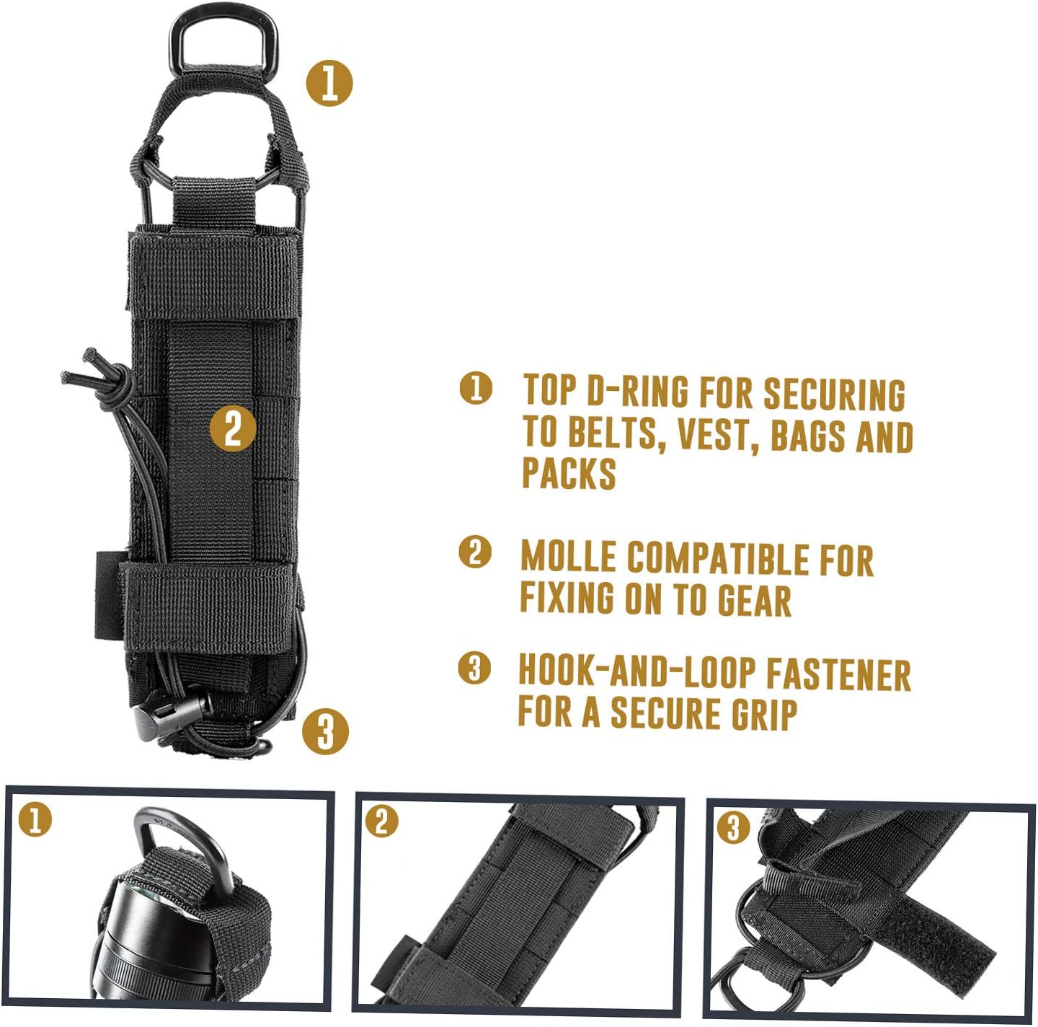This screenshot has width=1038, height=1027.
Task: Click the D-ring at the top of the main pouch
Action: coord(223,22)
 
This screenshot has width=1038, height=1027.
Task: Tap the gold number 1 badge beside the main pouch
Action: coord(329,83)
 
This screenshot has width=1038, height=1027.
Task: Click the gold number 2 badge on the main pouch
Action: coord(233,428)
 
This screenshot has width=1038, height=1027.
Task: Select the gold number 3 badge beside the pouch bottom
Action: coord(325,731)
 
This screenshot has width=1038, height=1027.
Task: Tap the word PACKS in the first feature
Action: coord(569,473)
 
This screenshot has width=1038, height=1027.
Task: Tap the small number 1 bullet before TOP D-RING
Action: coord(476,388)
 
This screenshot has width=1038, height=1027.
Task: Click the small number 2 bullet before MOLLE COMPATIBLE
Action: coord(474,552)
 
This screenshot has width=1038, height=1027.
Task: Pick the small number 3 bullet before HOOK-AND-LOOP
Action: coord(474,668)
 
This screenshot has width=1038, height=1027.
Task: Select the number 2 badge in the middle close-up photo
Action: coord(381,822)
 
